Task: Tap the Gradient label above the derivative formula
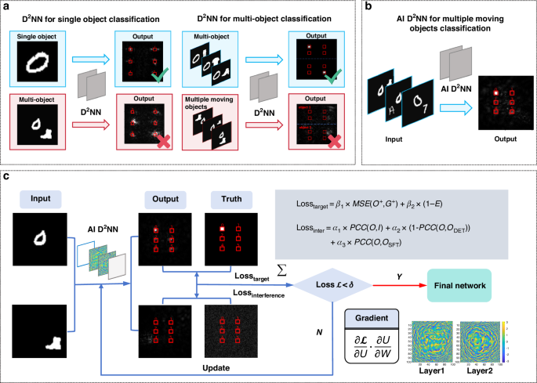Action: [x=375, y=317]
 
